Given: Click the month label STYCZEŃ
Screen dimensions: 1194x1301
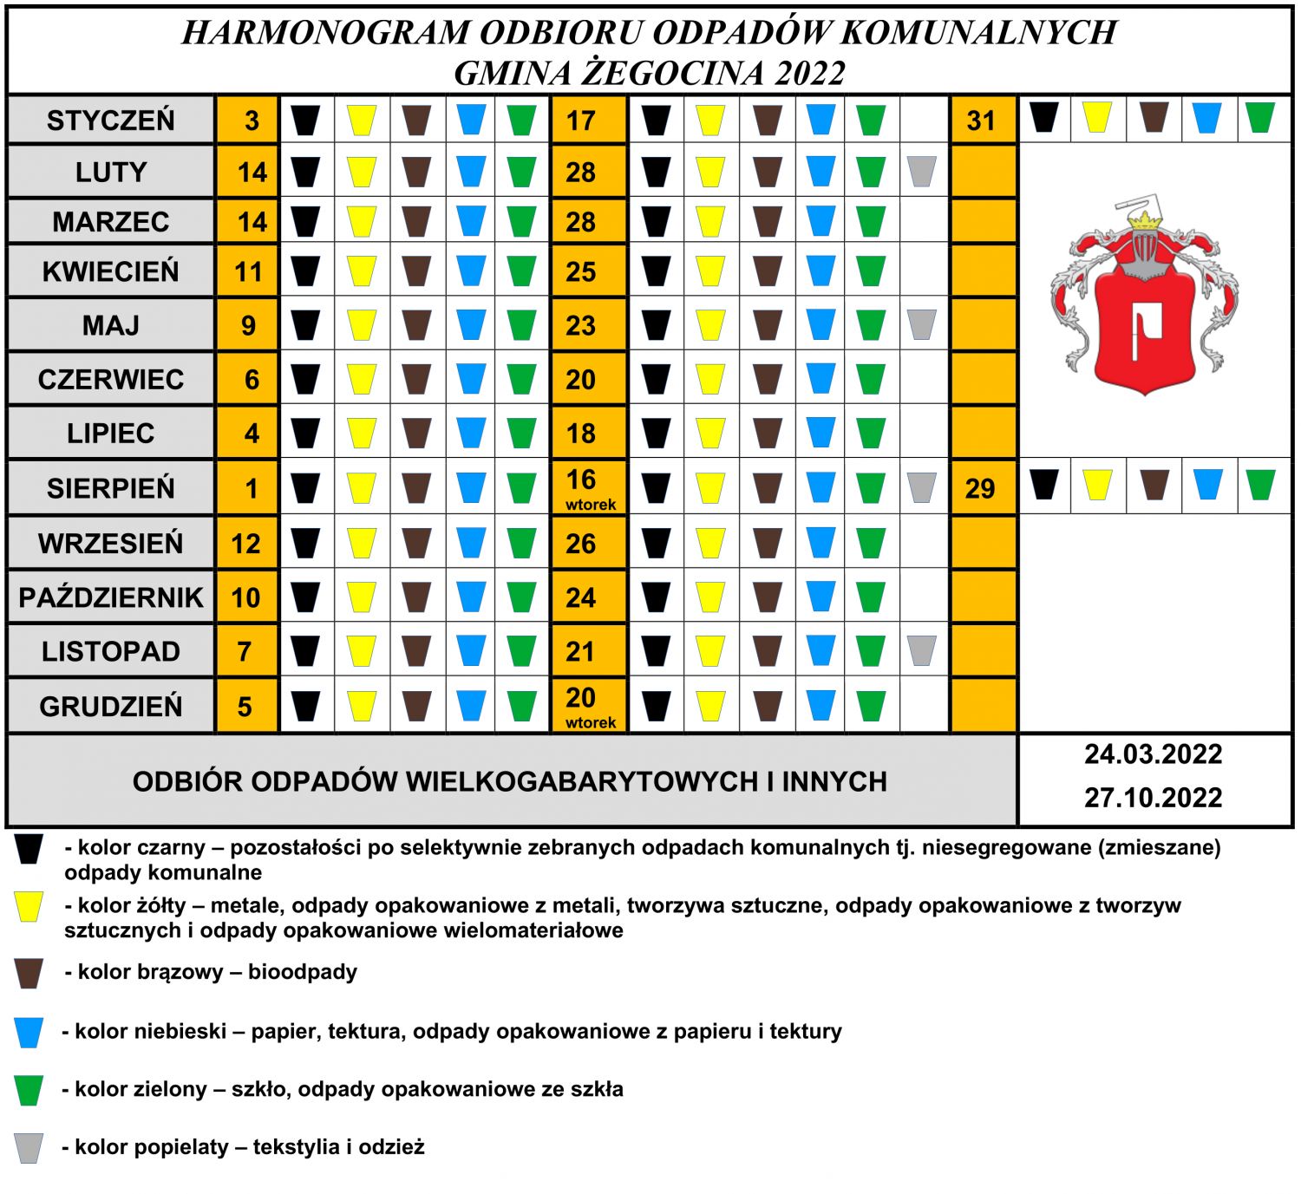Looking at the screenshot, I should point(111,121).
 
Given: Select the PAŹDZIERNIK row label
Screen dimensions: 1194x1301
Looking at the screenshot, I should point(111,597).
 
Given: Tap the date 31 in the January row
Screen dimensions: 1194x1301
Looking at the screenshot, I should point(981,121).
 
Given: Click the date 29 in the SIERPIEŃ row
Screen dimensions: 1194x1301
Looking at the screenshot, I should point(980,488).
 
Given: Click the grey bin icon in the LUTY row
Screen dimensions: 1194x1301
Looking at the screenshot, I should point(922,172).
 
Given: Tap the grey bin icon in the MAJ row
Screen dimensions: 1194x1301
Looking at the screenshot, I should point(922,324).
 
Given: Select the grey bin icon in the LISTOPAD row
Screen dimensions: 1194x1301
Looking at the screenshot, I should point(922,650).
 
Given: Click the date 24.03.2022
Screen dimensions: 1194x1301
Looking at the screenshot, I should point(1153,754).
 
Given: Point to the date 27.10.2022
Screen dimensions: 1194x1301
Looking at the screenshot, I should point(1153,798).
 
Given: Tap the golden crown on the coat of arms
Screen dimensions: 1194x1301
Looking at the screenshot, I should point(1147,220).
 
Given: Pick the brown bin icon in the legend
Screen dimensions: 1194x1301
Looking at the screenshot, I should point(29,974).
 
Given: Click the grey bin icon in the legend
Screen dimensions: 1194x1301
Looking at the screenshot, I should point(29,1148).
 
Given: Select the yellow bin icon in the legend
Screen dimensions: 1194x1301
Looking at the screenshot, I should point(29,907).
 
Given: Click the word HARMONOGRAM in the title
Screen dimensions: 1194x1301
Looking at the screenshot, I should point(324,33).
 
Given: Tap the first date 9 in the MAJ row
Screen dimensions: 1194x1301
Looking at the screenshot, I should point(248,326).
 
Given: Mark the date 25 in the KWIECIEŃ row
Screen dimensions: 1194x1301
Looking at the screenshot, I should point(581,272).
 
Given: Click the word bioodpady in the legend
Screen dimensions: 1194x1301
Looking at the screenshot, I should point(303,972).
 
